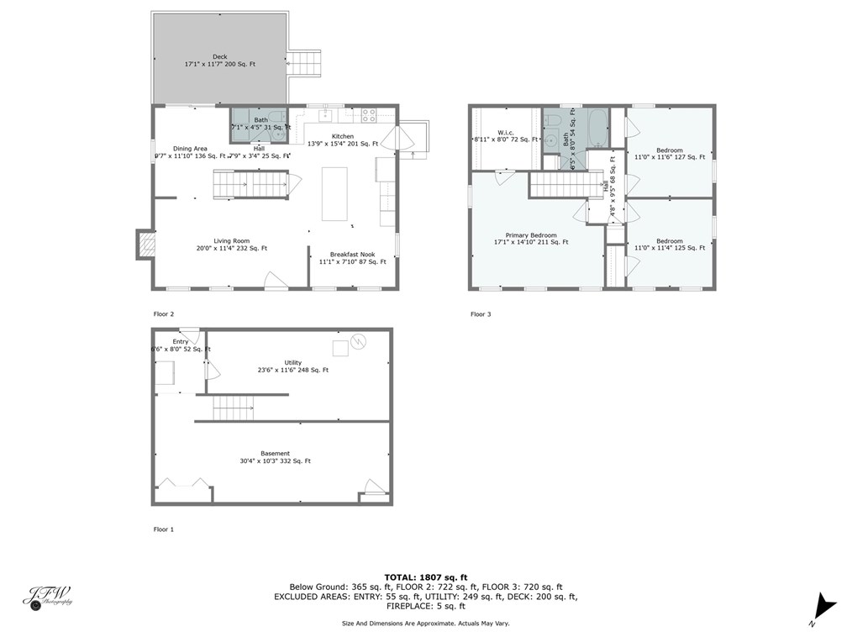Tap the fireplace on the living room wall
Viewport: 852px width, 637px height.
click(146, 245)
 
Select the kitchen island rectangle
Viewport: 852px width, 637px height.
click(334, 193)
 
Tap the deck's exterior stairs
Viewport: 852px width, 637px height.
click(307, 64)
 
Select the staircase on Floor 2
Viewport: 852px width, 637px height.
click(249, 184)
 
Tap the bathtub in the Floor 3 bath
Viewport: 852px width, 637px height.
click(597, 129)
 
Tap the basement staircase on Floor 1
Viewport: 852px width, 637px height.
click(234, 409)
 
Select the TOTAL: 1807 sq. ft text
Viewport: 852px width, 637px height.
click(425, 576)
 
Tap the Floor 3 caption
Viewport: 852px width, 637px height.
click(481, 314)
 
